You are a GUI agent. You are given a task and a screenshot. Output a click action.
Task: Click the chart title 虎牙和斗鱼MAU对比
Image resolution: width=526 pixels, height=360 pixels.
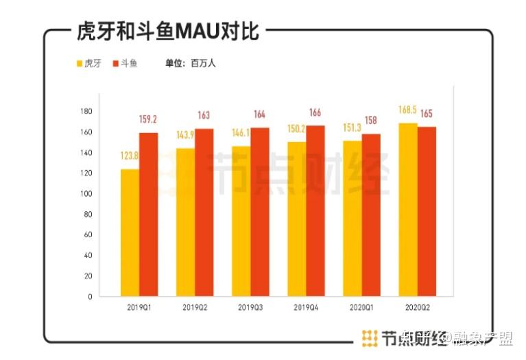click(x=163, y=31)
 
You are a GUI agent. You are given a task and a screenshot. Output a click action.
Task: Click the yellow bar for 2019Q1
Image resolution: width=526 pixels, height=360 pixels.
click(x=130, y=232)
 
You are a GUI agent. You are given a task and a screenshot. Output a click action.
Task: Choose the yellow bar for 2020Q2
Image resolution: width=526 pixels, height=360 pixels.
click(x=408, y=209)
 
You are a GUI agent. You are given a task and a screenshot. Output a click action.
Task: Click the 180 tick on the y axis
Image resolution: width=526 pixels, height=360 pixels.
click(x=86, y=111)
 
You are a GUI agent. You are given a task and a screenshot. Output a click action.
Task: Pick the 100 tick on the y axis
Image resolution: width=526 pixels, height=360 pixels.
click(x=86, y=193)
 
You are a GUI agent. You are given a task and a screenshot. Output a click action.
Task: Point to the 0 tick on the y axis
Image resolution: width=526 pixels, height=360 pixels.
click(x=90, y=296)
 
